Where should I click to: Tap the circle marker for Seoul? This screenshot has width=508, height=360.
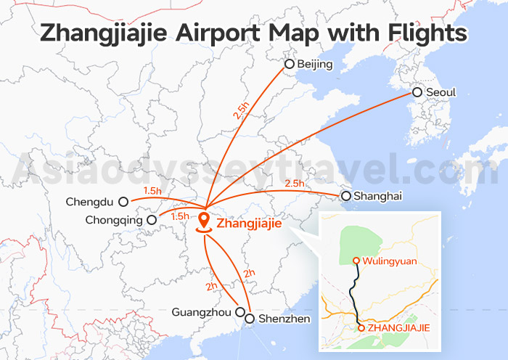(x=417, y=92)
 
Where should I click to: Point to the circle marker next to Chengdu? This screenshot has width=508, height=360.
(x=123, y=202)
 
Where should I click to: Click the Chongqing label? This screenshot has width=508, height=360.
(x=112, y=220)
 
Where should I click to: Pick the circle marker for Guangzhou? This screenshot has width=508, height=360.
(x=240, y=312)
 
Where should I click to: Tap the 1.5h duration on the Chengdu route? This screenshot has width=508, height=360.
(x=153, y=191)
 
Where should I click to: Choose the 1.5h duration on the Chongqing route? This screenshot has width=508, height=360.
(x=179, y=216)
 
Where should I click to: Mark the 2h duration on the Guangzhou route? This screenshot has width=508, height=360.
(x=211, y=286)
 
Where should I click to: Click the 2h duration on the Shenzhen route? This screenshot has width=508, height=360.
(x=249, y=274)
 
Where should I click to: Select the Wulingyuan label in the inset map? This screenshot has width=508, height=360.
(x=390, y=261)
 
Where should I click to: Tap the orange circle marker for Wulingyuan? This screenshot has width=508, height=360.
(x=356, y=261)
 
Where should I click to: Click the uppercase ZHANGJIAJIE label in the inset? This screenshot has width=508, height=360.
(x=399, y=328)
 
